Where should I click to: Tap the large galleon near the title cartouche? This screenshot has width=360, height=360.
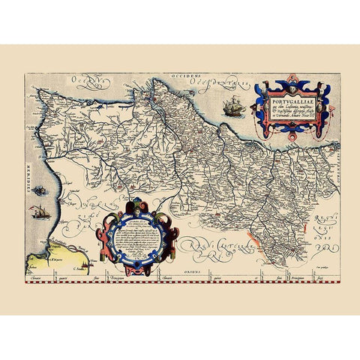point(232,106)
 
